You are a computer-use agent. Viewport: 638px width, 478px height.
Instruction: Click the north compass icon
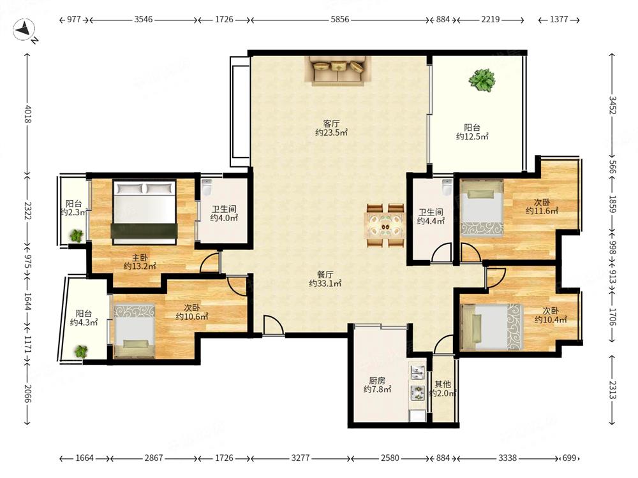pyautogui.click(x=24, y=31)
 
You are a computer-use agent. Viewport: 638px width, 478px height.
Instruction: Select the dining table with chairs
pyautogui.click(x=385, y=226)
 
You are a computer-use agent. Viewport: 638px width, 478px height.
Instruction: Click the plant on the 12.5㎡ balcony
pyautogui.click(x=482, y=80)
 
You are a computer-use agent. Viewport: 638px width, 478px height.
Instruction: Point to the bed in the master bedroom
pyautogui.click(x=144, y=212)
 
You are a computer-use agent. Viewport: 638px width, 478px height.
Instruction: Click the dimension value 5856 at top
pyautogui.click(x=340, y=19)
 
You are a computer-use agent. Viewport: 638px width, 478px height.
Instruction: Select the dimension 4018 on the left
pyautogui.click(x=27, y=114)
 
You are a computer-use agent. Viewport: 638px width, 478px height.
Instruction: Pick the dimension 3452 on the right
pyautogui.click(x=612, y=105)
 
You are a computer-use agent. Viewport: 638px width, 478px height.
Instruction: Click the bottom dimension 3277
pyautogui.click(x=300, y=458)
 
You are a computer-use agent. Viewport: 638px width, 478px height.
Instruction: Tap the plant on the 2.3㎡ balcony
pyautogui.click(x=76, y=236)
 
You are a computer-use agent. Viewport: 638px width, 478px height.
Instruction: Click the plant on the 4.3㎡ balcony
pyautogui.click(x=81, y=351)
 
